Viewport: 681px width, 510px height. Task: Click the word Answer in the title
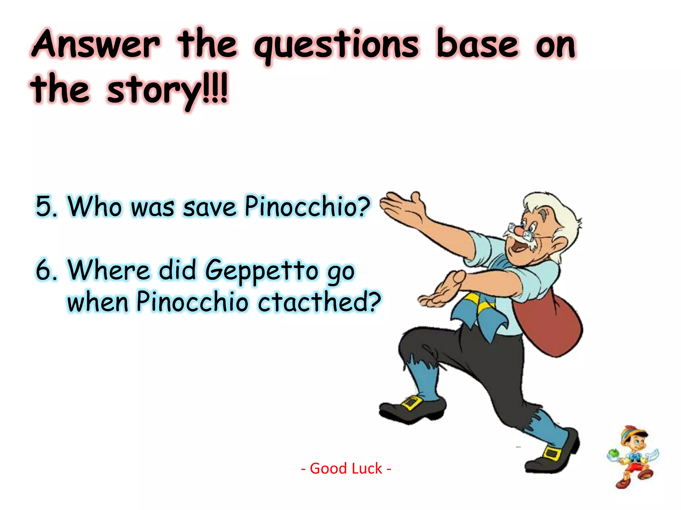[x=96, y=45]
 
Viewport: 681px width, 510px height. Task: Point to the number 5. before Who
[x=47, y=207]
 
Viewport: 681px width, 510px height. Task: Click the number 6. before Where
[x=47, y=270]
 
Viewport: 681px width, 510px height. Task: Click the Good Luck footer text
[x=346, y=468]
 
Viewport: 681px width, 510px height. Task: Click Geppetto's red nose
[x=519, y=229]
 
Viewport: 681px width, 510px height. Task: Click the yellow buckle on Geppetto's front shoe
[x=411, y=403]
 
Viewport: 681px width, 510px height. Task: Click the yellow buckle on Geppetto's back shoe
[x=552, y=454]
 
